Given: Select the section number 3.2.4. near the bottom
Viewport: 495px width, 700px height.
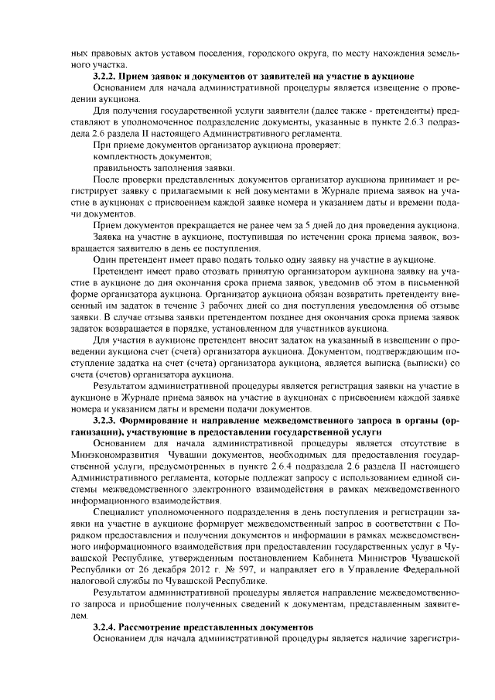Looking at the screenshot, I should pos(106,624).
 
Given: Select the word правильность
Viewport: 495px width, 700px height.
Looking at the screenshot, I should pos(122,167).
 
